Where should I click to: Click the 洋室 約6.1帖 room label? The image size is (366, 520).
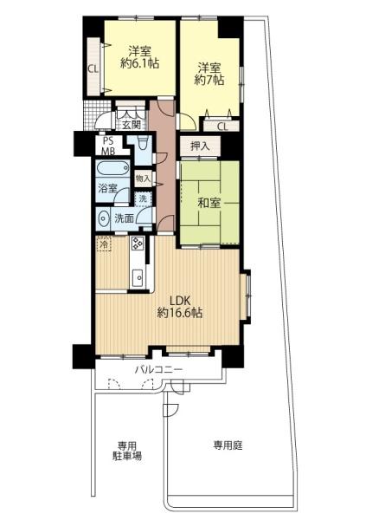coord(136,56)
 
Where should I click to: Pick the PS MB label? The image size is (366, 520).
coord(109,146)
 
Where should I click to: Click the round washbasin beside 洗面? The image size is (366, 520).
coord(105,218)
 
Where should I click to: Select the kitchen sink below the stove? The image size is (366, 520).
coord(137,278)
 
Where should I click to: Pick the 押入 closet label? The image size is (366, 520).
coord(200,146)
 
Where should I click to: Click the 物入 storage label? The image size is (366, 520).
coord(143,179)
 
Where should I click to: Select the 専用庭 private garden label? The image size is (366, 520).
coord(228,446)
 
